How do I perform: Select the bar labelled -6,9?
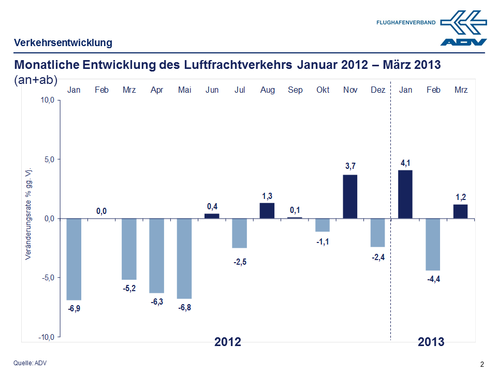tap(74, 259)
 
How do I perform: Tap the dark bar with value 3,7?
tap(350, 196)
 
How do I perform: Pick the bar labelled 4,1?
tap(405, 194)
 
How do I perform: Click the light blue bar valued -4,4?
tap(433, 244)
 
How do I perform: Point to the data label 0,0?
tap(101, 211)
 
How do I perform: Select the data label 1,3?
tap(267, 196)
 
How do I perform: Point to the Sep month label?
tap(295, 90)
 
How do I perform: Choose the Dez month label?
tap(378, 90)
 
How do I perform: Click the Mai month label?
tap(184, 90)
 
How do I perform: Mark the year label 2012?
tap(228, 342)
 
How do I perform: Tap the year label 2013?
tap(431, 342)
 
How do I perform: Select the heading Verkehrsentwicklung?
tap(63, 42)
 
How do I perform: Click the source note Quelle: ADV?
tap(30, 363)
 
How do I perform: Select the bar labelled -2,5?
tap(240, 233)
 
